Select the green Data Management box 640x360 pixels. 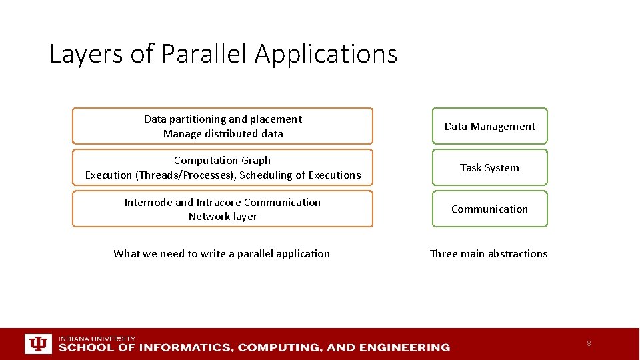pos(489,126)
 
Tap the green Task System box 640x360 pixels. pos(489,167)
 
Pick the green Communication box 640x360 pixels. pos(489,209)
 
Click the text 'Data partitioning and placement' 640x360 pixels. pos(223,119)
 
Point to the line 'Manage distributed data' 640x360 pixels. pos(223,134)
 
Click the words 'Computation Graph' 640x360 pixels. pos(223,161)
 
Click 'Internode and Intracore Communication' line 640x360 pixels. pos(223,203)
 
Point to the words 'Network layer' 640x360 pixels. pos(223,217)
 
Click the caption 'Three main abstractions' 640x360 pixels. pos(489,254)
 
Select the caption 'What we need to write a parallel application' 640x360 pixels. pos(221,254)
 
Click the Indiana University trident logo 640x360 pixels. pos(37,343)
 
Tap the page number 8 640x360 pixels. pos(589,343)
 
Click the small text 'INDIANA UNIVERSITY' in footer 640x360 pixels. pos(97,339)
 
